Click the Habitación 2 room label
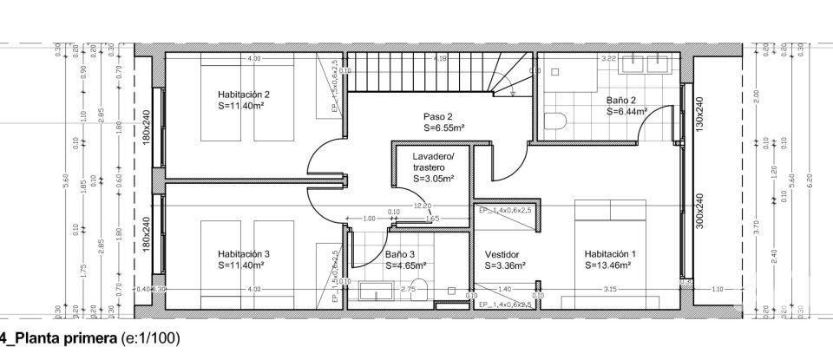[244, 95]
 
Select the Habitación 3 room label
[244, 254]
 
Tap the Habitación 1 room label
[610, 254]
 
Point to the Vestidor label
[502, 254]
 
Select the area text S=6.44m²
[627, 112]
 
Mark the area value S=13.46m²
[611, 265]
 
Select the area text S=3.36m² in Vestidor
[502, 265]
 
